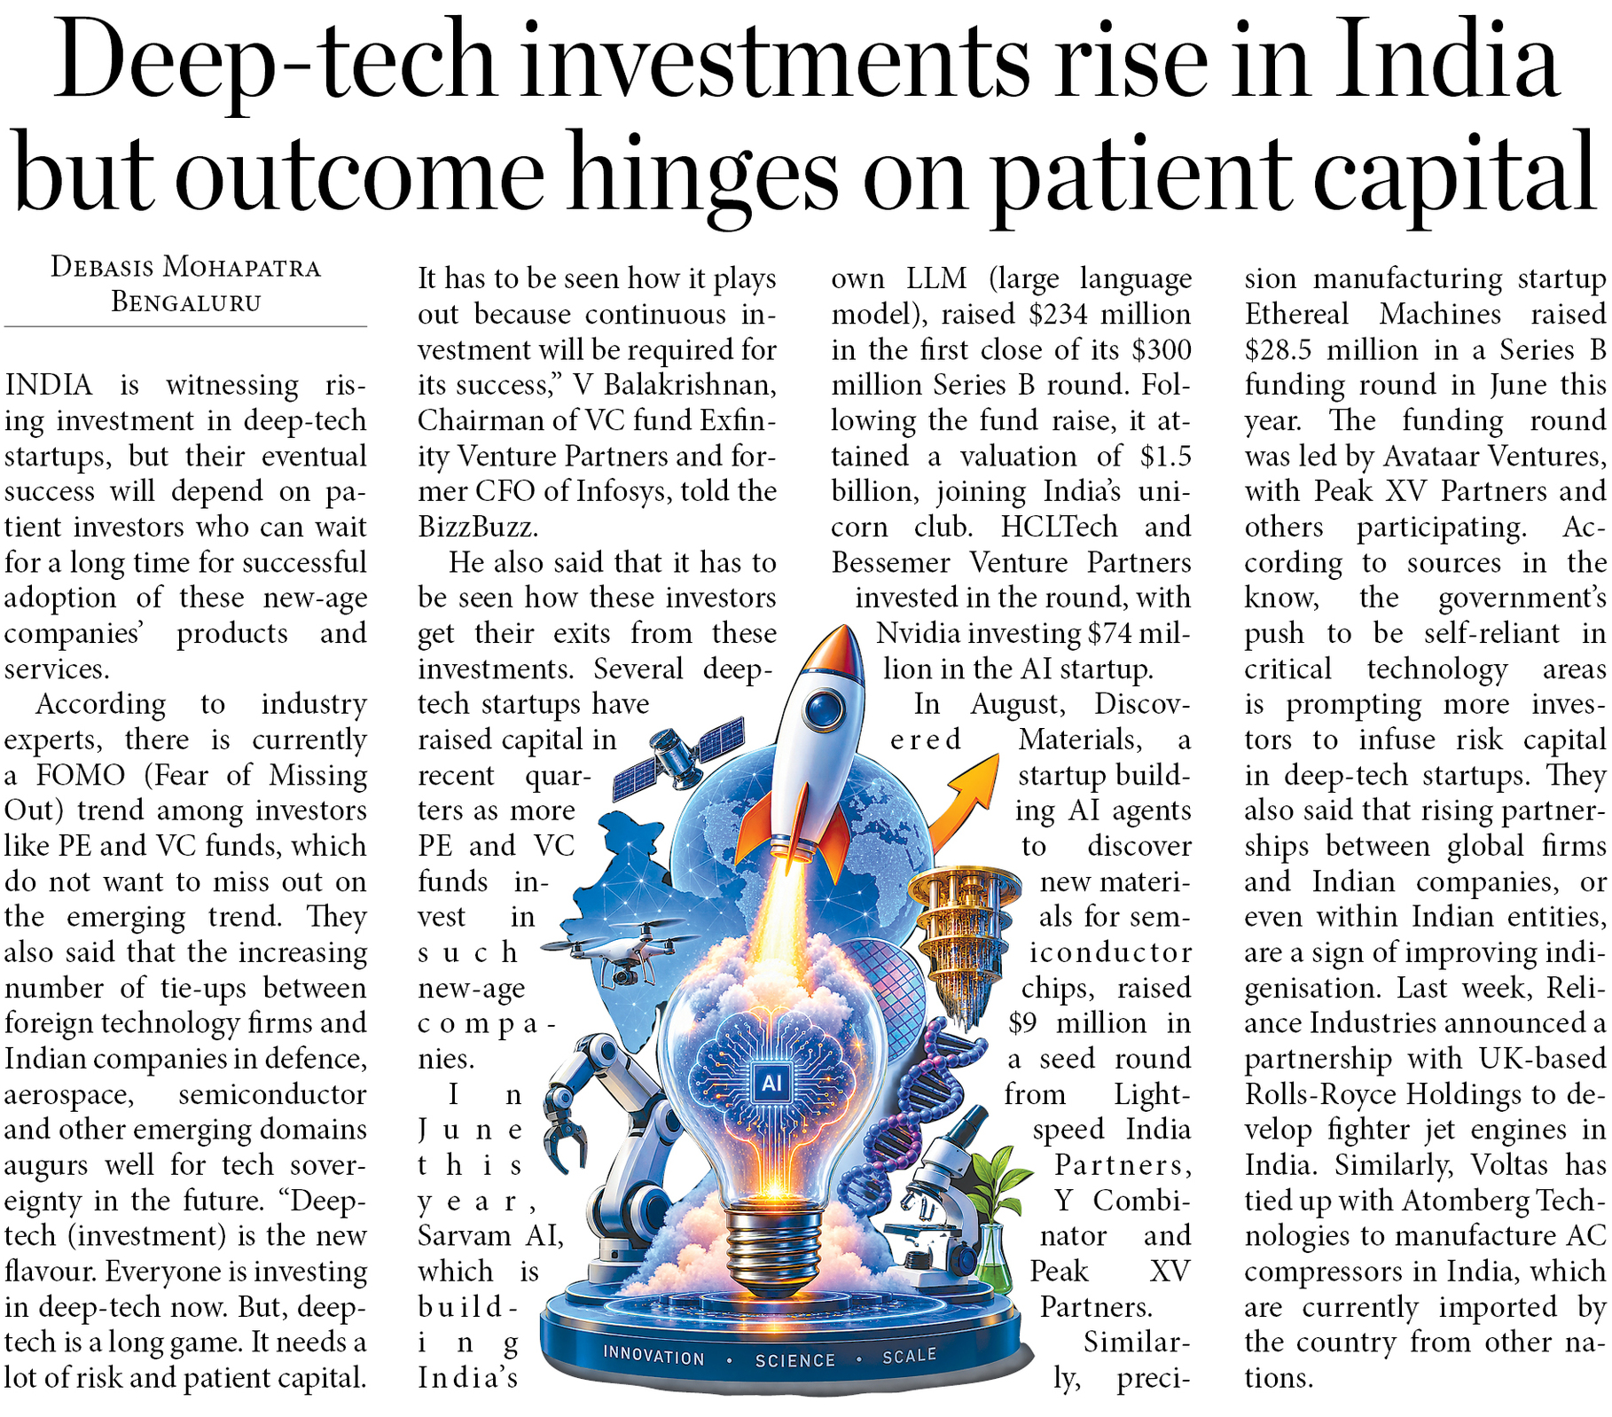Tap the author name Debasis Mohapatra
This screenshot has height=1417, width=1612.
[185, 267]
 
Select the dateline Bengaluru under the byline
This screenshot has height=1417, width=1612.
[186, 302]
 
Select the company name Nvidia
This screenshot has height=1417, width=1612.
[918, 633]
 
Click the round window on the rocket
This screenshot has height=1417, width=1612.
[825, 707]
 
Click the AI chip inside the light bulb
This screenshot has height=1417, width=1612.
[771, 1083]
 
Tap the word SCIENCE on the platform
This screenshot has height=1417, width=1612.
[794, 1360]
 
